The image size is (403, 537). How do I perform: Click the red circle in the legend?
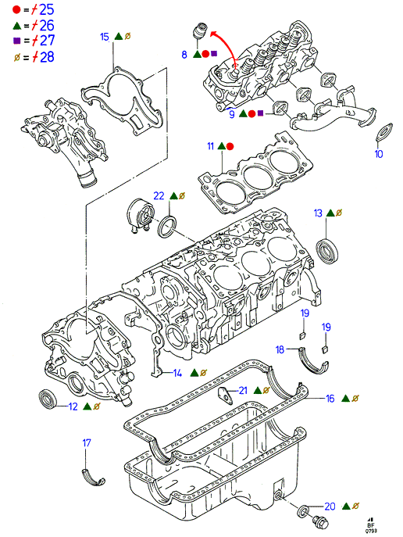click(x=16, y=9)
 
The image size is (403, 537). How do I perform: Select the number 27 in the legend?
click(x=47, y=41)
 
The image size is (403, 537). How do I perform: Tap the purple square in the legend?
click(x=16, y=41)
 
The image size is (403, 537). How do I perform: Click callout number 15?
click(x=105, y=37)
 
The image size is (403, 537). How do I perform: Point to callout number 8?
click(x=184, y=55)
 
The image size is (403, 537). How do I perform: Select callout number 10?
click(x=379, y=154)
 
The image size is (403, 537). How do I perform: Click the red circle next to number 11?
click(x=230, y=147)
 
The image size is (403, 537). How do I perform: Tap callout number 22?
click(x=159, y=195)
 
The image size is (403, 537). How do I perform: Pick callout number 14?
click(x=177, y=373)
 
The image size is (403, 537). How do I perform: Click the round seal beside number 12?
click(x=48, y=399)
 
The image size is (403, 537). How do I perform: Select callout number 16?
click(x=330, y=399)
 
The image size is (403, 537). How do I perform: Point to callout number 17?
click(x=87, y=443)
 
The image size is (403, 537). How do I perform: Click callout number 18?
click(x=280, y=349)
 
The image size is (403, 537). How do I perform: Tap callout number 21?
click(x=243, y=390)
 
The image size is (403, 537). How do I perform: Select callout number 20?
click(x=330, y=507)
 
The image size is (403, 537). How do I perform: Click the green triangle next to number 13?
click(x=330, y=213)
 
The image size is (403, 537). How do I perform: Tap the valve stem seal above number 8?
click(x=199, y=30)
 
